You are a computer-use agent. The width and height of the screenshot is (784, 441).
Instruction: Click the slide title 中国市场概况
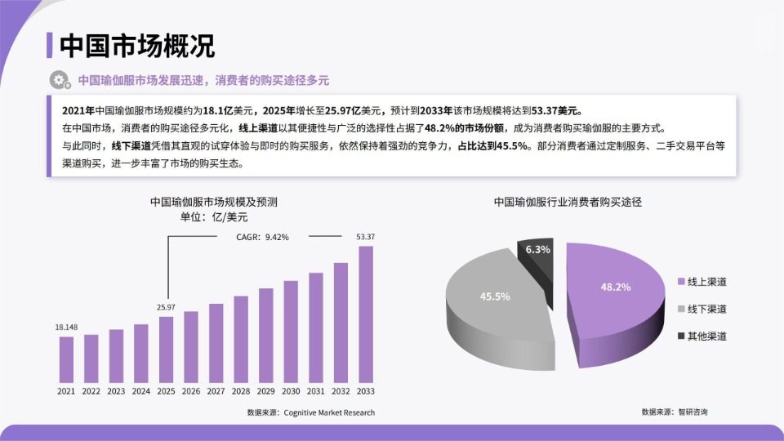pyautogui.click(x=137, y=46)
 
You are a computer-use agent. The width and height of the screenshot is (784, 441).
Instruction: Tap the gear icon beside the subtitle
pyautogui.click(x=59, y=80)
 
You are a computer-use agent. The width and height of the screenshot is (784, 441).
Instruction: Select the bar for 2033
pyautogui.click(x=366, y=314)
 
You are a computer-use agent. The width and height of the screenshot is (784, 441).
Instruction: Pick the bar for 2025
pyautogui.click(x=166, y=349)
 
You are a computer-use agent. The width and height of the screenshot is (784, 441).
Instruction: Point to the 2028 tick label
pyautogui.click(x=241, y=391)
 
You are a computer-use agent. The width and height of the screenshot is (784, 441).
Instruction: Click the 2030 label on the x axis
pyautogui.click(x=291, y=391)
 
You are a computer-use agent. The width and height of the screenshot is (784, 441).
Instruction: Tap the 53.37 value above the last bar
pyautogui.click(x=366, y=237)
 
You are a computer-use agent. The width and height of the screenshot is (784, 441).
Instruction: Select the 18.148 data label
pyautogui.click(x=66, y=327)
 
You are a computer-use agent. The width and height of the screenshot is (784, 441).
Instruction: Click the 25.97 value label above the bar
pyautogui.click(x=166, y=307)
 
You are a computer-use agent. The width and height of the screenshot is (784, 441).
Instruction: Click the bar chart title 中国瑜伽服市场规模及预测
pyautogui.click(x=214, y=201)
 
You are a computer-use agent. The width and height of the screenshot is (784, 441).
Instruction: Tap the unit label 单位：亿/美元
pyautogui.click(x=214, y=217)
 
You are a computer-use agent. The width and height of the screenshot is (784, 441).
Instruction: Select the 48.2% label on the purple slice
pyautogui.click(x=615, y=287)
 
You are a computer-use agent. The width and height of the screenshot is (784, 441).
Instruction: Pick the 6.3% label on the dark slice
pyautogui.click(x=538, y=249)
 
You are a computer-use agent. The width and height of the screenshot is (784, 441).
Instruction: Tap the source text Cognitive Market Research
pyautogui.click(x=329, y=412)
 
